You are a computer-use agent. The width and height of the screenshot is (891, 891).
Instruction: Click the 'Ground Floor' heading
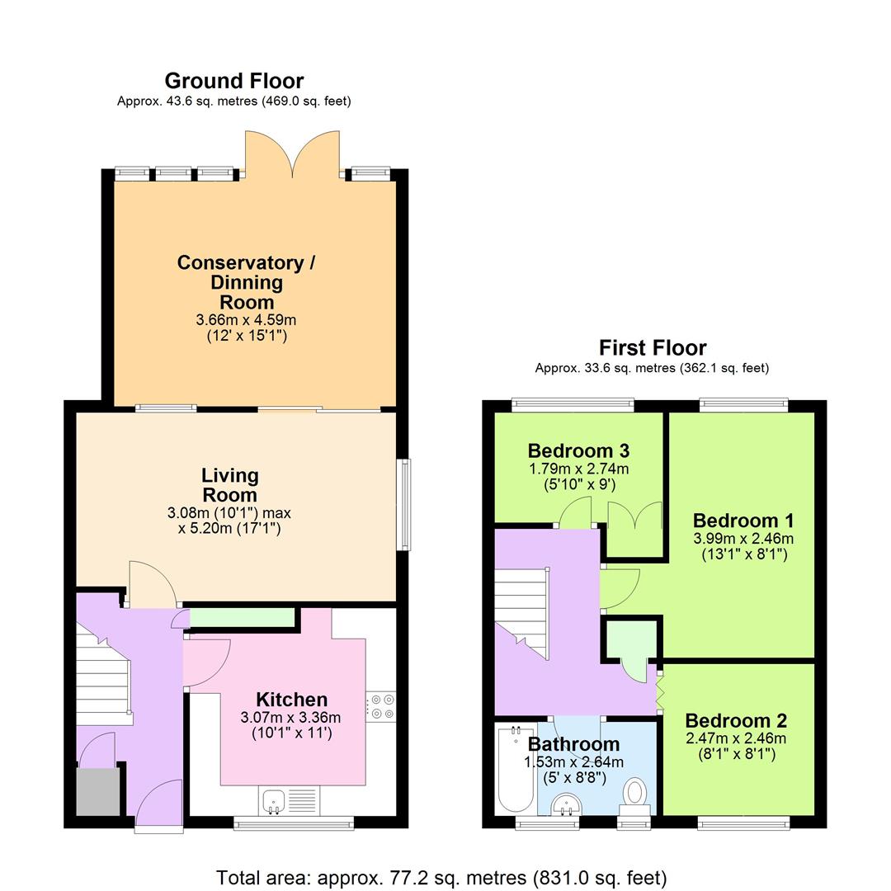(x=234, y=81)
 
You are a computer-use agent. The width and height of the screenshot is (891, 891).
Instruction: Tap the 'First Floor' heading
(x=652, y=347)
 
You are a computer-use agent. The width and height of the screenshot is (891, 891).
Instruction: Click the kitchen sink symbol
(x=275, y=800)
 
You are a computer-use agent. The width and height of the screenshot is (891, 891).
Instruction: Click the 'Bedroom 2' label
(x=735, y=720)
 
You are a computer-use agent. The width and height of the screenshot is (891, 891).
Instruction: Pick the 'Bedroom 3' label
(x=578, y=451)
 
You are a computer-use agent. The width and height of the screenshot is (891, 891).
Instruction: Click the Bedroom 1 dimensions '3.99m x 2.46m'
(x=743, y=538)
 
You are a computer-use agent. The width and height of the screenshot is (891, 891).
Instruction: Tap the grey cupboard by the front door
(x=97, y=793)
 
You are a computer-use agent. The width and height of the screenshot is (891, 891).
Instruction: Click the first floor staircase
(x=521, y=610)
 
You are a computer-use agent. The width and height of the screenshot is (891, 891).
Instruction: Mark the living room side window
(x=404, y=504)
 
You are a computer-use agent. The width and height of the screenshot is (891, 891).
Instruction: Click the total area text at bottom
(x=441, y=877)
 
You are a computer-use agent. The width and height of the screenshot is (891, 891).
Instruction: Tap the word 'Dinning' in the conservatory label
(x=246, y=282)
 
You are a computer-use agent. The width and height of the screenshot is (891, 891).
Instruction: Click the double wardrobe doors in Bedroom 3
(x=635, y=517)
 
